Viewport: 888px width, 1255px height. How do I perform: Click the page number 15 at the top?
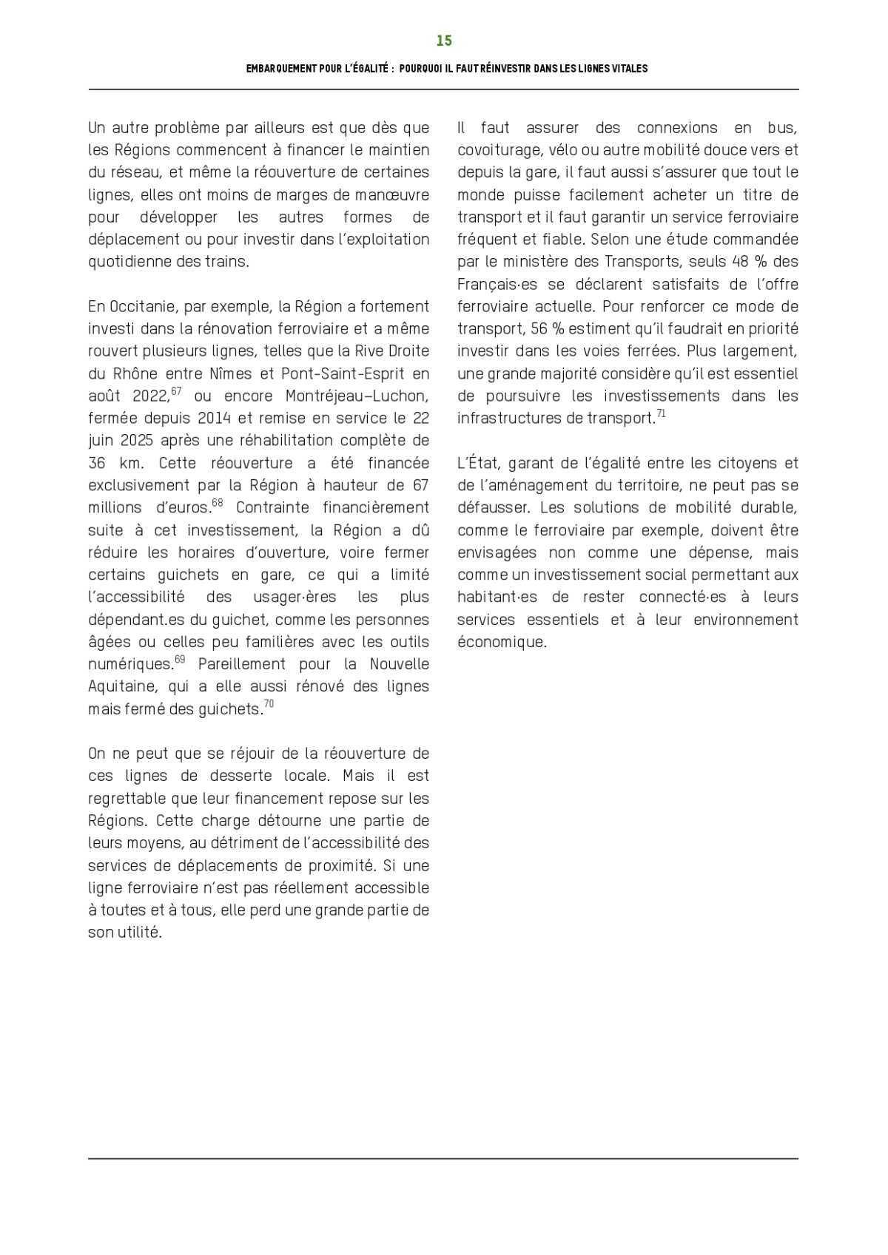pyautogui.click(x=444, y=41)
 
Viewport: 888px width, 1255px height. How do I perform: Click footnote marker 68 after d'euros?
pyautogui.click(x=218, y=503)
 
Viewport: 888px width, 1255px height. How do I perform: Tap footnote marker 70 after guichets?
pyautogui.click(x=269, y=704)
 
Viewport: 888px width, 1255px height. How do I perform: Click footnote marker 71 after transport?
pyautogui.click(x=662, y=413)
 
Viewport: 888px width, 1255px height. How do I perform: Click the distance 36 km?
pyautogui.click(x=119, y=463)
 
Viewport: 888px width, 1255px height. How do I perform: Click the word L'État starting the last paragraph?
pyautogui.click(x=477, y=463)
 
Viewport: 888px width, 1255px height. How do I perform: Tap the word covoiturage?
pyautogui.click(x=499, y=150)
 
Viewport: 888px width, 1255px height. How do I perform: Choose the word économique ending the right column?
pyautogui.click(x=501, y=642)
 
